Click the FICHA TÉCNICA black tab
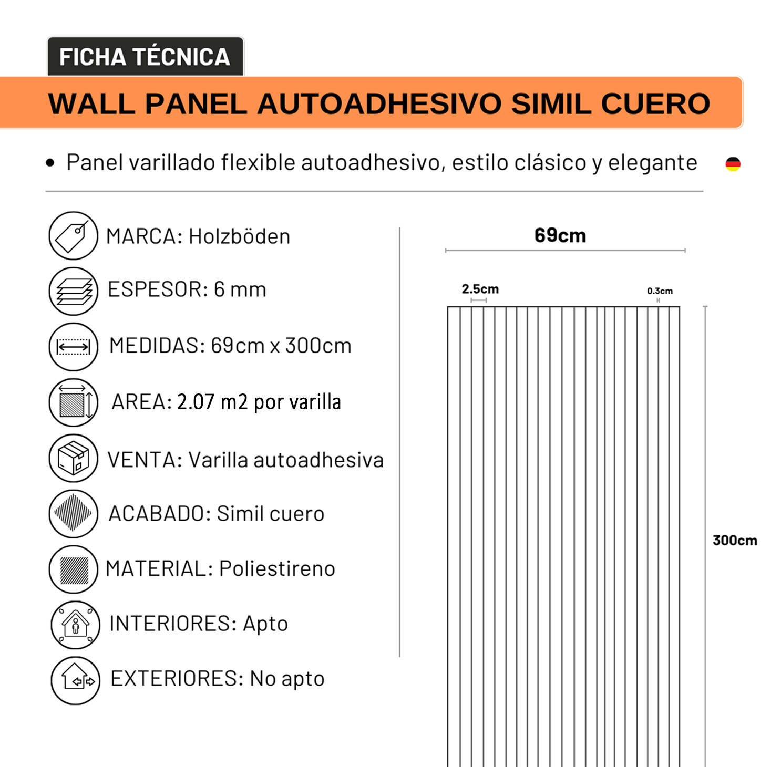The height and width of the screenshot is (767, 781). pos(145,57)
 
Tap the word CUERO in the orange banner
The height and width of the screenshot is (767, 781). pos(655,103)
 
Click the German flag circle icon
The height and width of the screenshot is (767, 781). pos(733,164)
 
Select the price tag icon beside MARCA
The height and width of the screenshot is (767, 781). pos(73,236)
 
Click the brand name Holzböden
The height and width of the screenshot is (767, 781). pos(239,237)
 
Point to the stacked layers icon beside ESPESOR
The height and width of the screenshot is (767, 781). pos(73,291)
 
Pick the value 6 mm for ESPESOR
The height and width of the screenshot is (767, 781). pos(240,289)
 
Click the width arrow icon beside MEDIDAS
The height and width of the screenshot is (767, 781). pos(73,347)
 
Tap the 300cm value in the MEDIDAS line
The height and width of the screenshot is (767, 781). pos(318,346)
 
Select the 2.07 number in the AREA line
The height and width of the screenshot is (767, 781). pos(196,402)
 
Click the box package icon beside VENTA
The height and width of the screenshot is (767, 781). pos(73,458)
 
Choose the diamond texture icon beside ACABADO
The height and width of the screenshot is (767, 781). pos(73,513)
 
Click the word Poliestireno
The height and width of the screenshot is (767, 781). pos(277,568)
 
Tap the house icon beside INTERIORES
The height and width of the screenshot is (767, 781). pos(75,625)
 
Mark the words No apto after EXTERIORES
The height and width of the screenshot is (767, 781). pos(287,679)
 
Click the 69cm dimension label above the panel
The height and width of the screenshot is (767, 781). pos(560,235)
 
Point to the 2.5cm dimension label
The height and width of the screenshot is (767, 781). pos(480,289)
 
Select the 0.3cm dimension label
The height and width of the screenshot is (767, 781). pos(660,291)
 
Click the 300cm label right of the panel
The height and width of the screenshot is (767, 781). pos(734,541)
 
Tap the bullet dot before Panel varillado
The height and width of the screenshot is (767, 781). pos(50,163)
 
